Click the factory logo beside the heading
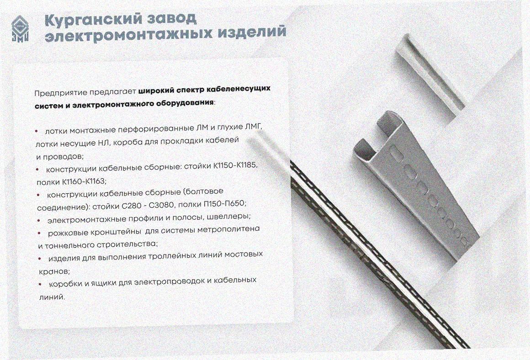[x=20, y=30]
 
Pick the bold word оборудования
[x=185, y=102]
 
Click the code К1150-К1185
[x=235, y=166]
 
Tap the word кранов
[x=54, y=271]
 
